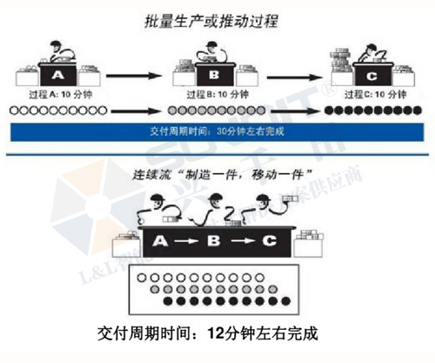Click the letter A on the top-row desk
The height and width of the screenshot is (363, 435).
pos(56,75)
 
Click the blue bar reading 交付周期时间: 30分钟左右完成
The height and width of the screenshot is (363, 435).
pos(217,131)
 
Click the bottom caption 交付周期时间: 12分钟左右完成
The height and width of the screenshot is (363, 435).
pos(210,333)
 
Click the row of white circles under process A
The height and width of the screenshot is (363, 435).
pos(56,111)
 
